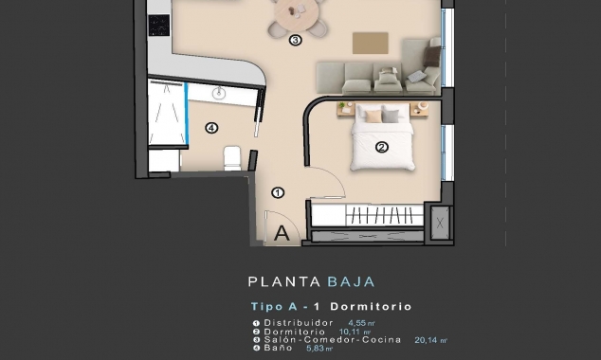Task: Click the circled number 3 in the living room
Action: point(295,40)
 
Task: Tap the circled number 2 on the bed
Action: point(381,147)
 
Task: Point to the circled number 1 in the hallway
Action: point(278,192)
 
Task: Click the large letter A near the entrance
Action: point(282,231)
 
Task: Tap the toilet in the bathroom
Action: point(231,158)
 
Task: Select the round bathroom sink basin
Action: point(219,93)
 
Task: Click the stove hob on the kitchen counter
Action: point(158,25)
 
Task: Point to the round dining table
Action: point(297,12)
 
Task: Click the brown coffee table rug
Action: point(370,43)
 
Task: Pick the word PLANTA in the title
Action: point(272,281)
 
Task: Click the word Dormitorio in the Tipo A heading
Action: point(373,307)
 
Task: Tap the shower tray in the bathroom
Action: point(167,112)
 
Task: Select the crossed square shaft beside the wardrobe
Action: point(440,225)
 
